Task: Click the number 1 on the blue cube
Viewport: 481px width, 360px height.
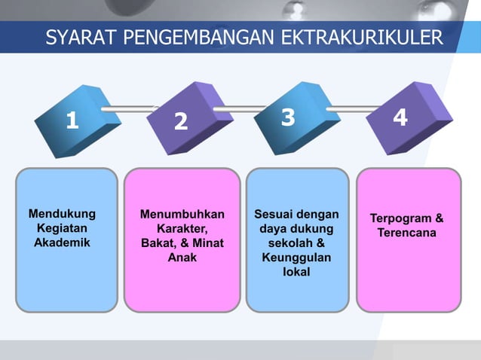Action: (x=72, y=120)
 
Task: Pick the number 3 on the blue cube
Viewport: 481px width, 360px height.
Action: (x=288, y=117)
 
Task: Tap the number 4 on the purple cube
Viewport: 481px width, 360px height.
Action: (x=400, y=117)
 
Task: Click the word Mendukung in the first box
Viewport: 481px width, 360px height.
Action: (x=62, y=214)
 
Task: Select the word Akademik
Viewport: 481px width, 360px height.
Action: (x=62, y=243)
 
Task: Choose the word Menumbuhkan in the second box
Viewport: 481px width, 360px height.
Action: (x=182, y=215)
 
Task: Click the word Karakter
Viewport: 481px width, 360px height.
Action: (x=182, y=229)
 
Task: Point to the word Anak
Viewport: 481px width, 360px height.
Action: (x=182, y=258)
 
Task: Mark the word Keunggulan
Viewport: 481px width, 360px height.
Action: (x=296, y=258)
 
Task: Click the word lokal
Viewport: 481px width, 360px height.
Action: (x=296, y=272)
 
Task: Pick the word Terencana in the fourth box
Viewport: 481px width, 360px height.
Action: (x=407, y=233)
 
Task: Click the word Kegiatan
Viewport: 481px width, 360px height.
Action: (x=62, y=228)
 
